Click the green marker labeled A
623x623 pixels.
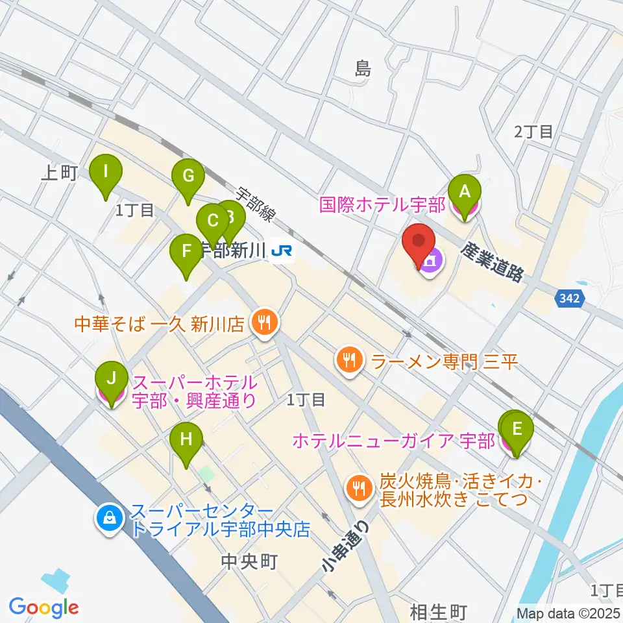pos(465,192)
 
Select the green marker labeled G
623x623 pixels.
pos(188,176)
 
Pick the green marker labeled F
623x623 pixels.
pos(186,251)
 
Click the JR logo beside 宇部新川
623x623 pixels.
pos(282,250)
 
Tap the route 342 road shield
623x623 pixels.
pos(570,299)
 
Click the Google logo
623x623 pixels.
pos(43,607)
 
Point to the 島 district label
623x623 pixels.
pos(363,69)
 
